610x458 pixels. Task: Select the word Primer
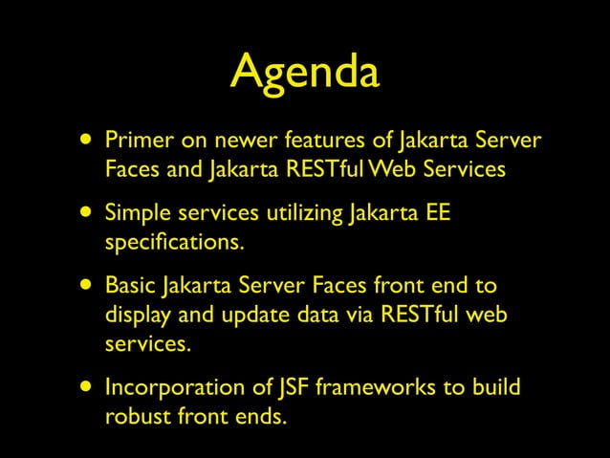(137, 142)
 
